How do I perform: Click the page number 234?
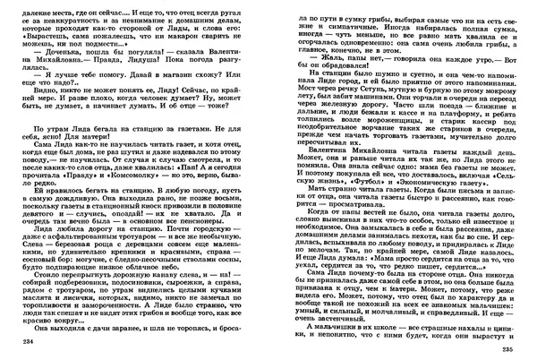pos(22,343)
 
